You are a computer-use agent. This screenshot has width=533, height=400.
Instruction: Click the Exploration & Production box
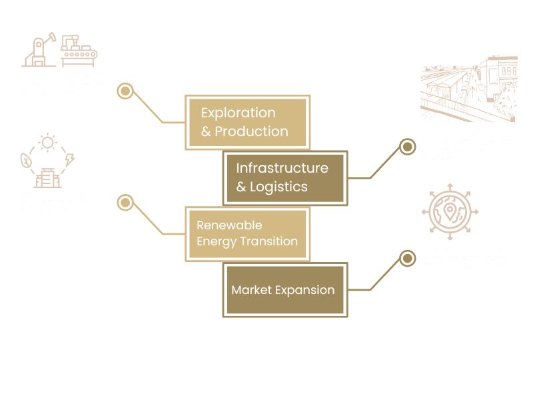coord(247,122)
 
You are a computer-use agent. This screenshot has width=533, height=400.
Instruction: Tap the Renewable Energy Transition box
coord(247,233)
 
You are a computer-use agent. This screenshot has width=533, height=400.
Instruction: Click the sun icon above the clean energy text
coord(48,143)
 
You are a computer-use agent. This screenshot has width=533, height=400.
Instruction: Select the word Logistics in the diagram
coord(278,187)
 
